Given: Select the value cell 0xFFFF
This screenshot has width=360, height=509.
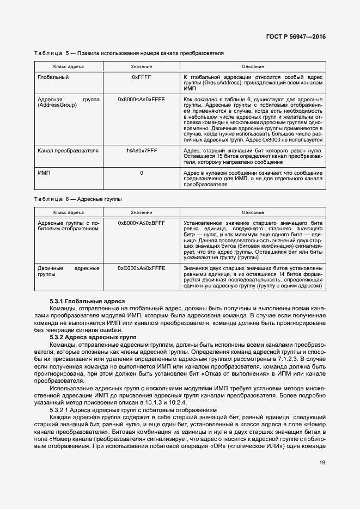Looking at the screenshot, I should [x=141, y=77].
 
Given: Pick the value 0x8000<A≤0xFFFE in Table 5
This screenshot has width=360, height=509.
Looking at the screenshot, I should [x=141, y=100].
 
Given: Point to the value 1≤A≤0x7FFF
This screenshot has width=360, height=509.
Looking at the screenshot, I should [x=141, y=150].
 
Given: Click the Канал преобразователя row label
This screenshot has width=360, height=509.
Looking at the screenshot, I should [x=68, y=150].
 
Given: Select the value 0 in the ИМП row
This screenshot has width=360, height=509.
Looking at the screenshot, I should [x=141, y=173].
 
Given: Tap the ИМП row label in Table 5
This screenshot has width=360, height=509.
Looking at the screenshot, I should [x=44, y=173].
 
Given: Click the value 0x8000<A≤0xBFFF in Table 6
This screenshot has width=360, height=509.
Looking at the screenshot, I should [x=141, y=223].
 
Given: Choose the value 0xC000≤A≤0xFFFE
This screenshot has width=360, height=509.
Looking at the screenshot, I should [x=141, y=268].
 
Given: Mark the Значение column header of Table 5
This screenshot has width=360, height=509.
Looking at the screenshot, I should [x=141, y=66].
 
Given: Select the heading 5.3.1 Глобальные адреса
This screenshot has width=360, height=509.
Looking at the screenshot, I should [x=87, y=301].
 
